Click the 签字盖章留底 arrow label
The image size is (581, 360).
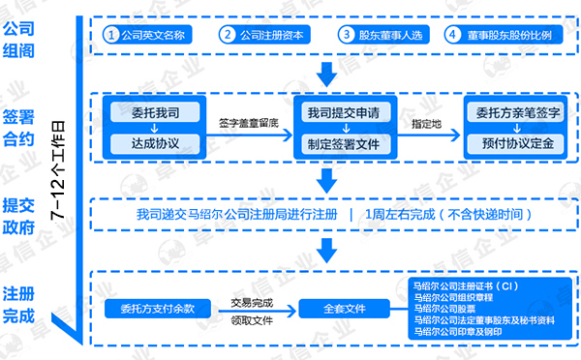click(x=247, y=124)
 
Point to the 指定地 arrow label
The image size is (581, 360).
click(x=427, y=124)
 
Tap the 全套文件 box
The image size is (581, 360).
click(x=344, y=309)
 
